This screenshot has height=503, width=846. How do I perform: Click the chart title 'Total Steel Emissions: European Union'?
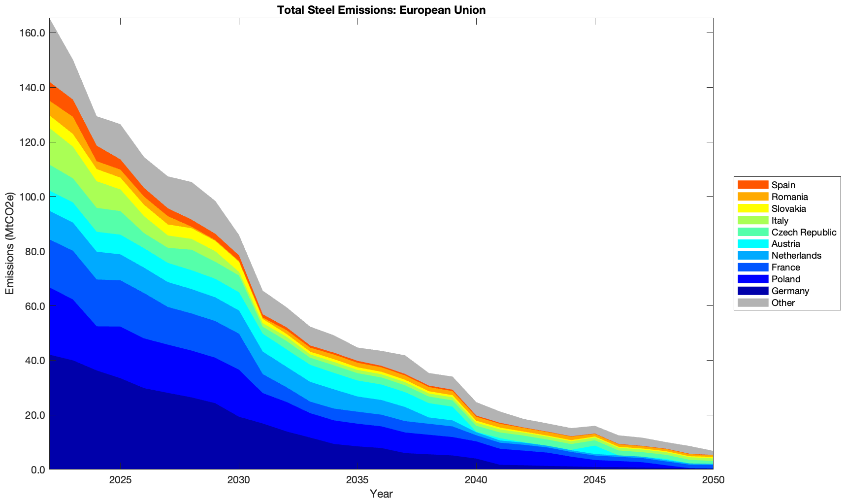tap(381, 10)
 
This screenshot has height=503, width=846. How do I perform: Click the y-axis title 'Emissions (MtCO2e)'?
tap(9, 244)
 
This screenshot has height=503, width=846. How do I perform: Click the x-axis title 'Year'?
tap(381, 494)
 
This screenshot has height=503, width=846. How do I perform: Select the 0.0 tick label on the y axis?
tap(37, 469)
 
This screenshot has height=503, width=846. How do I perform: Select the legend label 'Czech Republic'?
tap(804, 232)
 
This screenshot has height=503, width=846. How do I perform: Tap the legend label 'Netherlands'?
tap(796, 256)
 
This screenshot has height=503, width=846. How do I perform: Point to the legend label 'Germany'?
tap(790, 291)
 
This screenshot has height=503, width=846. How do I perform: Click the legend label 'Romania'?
tap(789, 197)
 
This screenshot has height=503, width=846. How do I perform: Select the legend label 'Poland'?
tap(786, 279)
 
